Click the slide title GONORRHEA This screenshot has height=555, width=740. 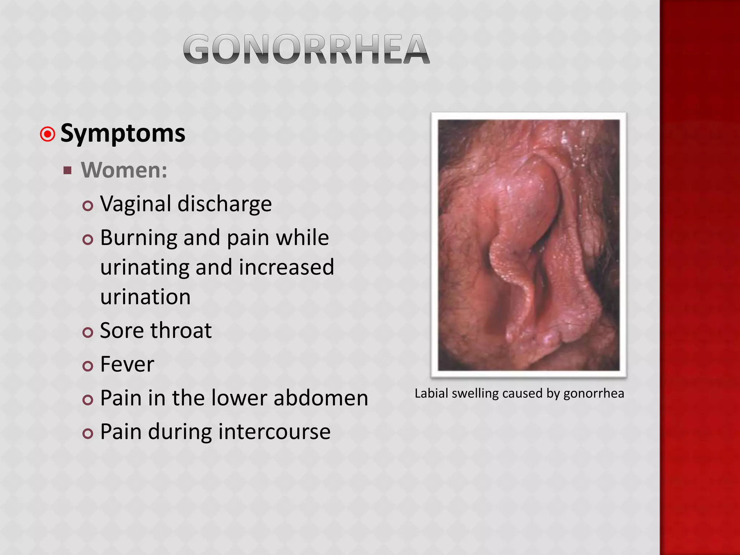point(306,49)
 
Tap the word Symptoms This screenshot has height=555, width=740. point(123,134)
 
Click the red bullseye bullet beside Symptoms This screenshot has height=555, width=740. point(47,134)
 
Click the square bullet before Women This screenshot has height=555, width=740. point(67,170)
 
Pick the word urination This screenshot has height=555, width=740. point(145,297)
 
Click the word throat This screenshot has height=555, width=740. point(181,331)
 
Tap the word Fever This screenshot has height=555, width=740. point(127,364)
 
